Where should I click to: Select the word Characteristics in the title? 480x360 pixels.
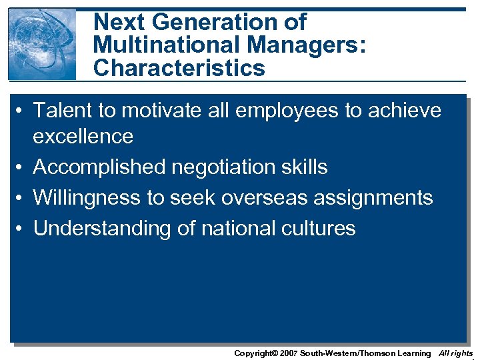[x=179, y=68]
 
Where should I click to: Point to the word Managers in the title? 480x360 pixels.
[x=293, y=45]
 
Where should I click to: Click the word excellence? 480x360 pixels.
[x=83, y=136]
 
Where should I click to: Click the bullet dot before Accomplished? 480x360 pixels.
[x=22, y=167]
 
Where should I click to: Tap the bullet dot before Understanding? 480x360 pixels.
[x=22, y=229]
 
